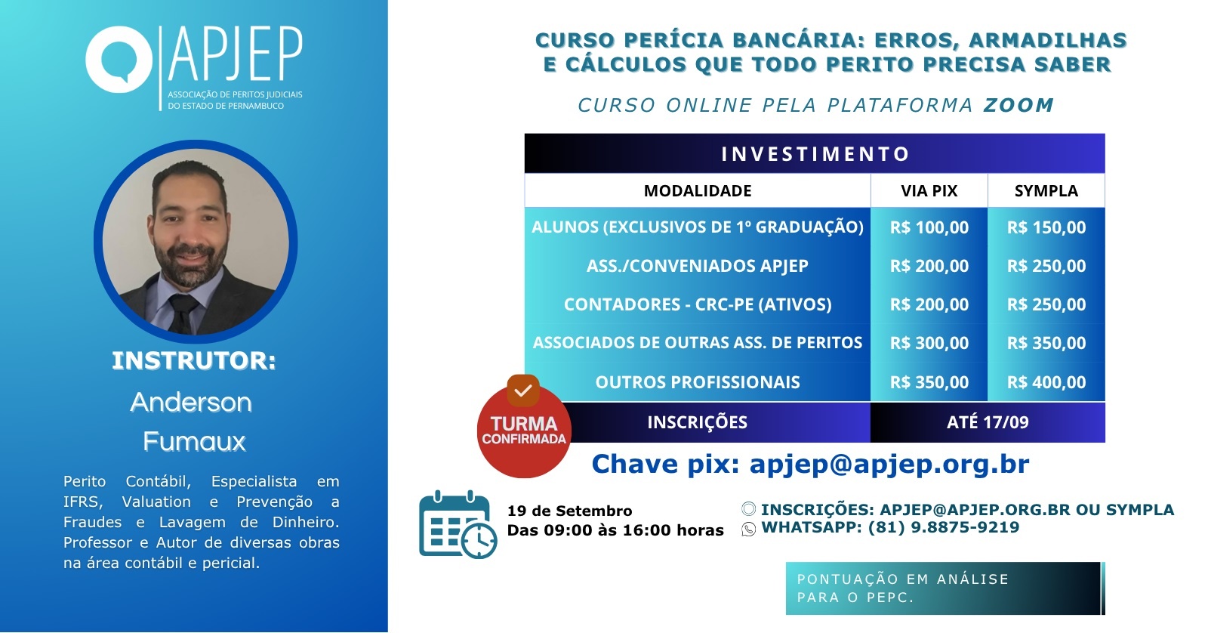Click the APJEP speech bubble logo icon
[119, 60]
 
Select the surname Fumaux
[194, 441]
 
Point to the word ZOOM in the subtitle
[1018, 105]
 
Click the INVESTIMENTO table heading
[815, 154]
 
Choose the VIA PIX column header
[929, 190]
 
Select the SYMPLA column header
[1046, 190]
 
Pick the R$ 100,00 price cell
[929, 227]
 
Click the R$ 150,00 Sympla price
[1046, 227]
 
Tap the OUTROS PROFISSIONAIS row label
[698, 382]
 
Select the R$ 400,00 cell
[1046, 382]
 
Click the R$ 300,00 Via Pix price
[929, 343]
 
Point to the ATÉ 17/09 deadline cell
[988, 422]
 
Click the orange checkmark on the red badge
[523, 391]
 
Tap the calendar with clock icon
[458, 524]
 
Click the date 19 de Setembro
[569, 511]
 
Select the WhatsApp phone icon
[748, 529]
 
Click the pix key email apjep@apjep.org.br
[889, 464]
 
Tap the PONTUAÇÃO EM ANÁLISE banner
[945, 588]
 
